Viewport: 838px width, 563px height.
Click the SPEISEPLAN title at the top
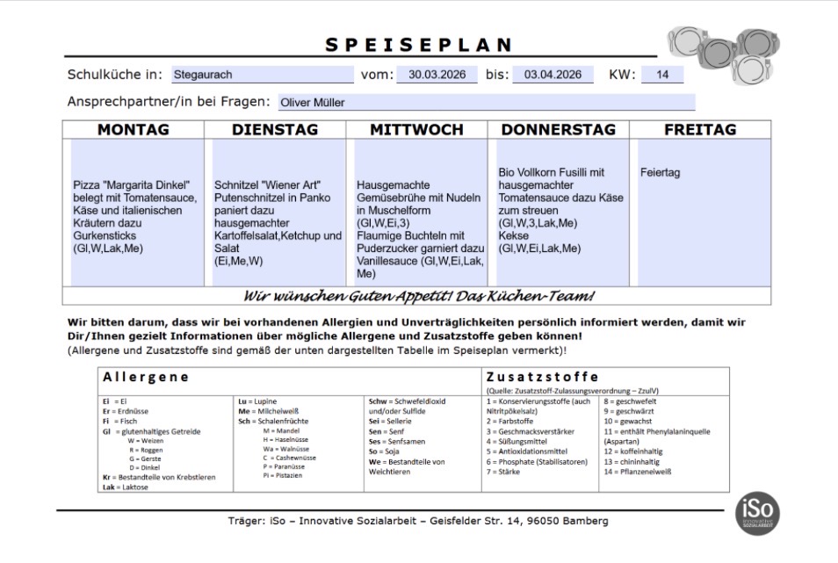(419, 45)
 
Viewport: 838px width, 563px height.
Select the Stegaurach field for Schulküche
(261, 75)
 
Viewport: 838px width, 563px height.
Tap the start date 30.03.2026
(437, 75)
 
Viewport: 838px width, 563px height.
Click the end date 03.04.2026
(553, 75)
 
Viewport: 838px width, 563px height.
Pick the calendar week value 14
(662, 75)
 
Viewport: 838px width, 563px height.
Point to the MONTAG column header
(134, 130)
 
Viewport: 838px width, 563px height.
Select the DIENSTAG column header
(275, 130)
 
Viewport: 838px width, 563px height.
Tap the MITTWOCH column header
(416, 130)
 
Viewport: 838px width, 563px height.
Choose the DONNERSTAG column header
(558, 130)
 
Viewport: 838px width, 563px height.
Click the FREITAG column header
(700, 130)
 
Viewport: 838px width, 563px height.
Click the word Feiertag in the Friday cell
(661, 173)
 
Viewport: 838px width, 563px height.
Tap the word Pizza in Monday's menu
(87, 186)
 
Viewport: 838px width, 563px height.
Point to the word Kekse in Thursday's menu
(513, 236)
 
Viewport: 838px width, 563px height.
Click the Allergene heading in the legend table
(146, 377)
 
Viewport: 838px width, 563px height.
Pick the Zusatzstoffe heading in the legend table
(542, 377)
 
